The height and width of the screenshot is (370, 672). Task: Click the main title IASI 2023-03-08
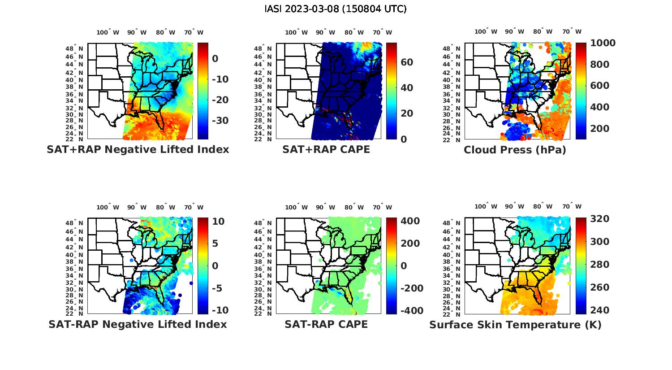tap(336, 9)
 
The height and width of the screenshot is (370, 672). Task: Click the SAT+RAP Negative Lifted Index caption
tap(138, 149)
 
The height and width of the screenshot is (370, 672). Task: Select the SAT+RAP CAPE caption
tap(326, 149)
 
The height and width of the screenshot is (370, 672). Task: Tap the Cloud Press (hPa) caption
tap(515, 150)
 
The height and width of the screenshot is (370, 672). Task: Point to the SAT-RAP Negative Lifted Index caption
tap(138, 324)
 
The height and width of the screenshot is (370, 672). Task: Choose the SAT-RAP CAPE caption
tap(326, 324)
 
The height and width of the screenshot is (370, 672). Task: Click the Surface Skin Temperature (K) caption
tap(515, 325)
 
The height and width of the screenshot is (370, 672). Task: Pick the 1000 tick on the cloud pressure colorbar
tap(603, 43)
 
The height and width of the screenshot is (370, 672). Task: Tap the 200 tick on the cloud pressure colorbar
tap(599, 129)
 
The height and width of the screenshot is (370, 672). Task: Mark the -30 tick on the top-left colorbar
tap(220, 121)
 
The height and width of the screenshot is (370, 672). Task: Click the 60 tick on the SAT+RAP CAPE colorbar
tap(407, 62)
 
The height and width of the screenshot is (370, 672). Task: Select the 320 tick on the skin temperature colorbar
tap(599, 219)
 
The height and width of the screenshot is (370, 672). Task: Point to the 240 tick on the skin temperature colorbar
tap(599, 310)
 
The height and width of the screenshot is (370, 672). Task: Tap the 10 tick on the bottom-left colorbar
tap(218, 222)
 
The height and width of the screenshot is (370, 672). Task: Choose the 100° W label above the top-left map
tap(108, 32)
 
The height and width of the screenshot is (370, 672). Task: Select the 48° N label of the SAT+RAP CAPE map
tap(263, 48)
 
